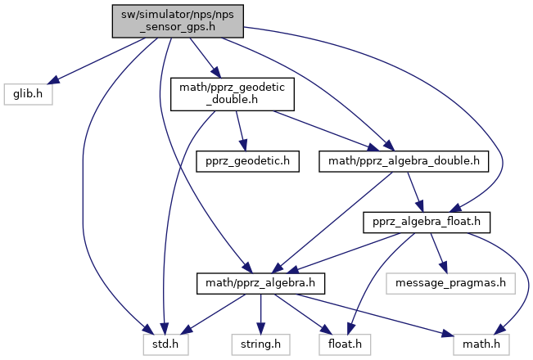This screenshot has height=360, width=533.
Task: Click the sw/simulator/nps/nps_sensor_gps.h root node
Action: (x=178, y=19)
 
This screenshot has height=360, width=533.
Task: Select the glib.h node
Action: (x=28, y=95)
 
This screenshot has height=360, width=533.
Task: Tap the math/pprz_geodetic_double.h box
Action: (x=231, y=95)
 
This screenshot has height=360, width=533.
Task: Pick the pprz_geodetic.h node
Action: (x=247, y=160)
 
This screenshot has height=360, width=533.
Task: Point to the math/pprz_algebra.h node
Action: (x=261, y=283)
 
